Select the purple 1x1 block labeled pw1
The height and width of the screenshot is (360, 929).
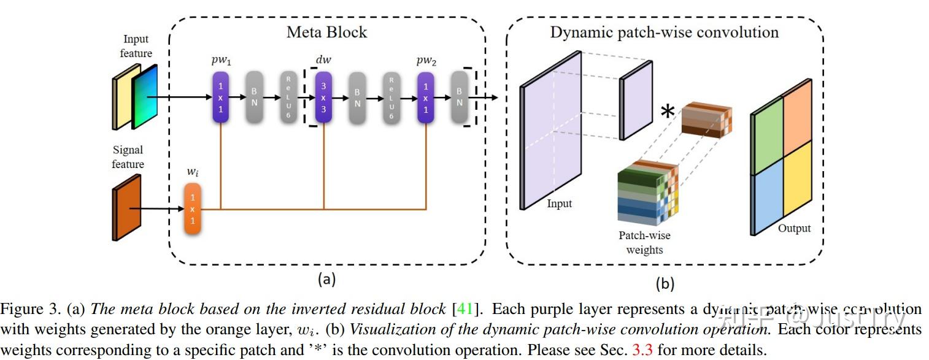click(220, 96)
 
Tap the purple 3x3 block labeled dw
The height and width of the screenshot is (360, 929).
click(323, 96)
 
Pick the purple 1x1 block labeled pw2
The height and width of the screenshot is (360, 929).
click(426, 96)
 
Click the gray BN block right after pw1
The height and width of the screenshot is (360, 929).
click(255, 96)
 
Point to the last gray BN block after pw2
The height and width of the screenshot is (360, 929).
click(460, 96)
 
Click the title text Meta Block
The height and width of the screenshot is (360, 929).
click(326, 32)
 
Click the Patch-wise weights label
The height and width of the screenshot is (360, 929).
click(644, 242)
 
